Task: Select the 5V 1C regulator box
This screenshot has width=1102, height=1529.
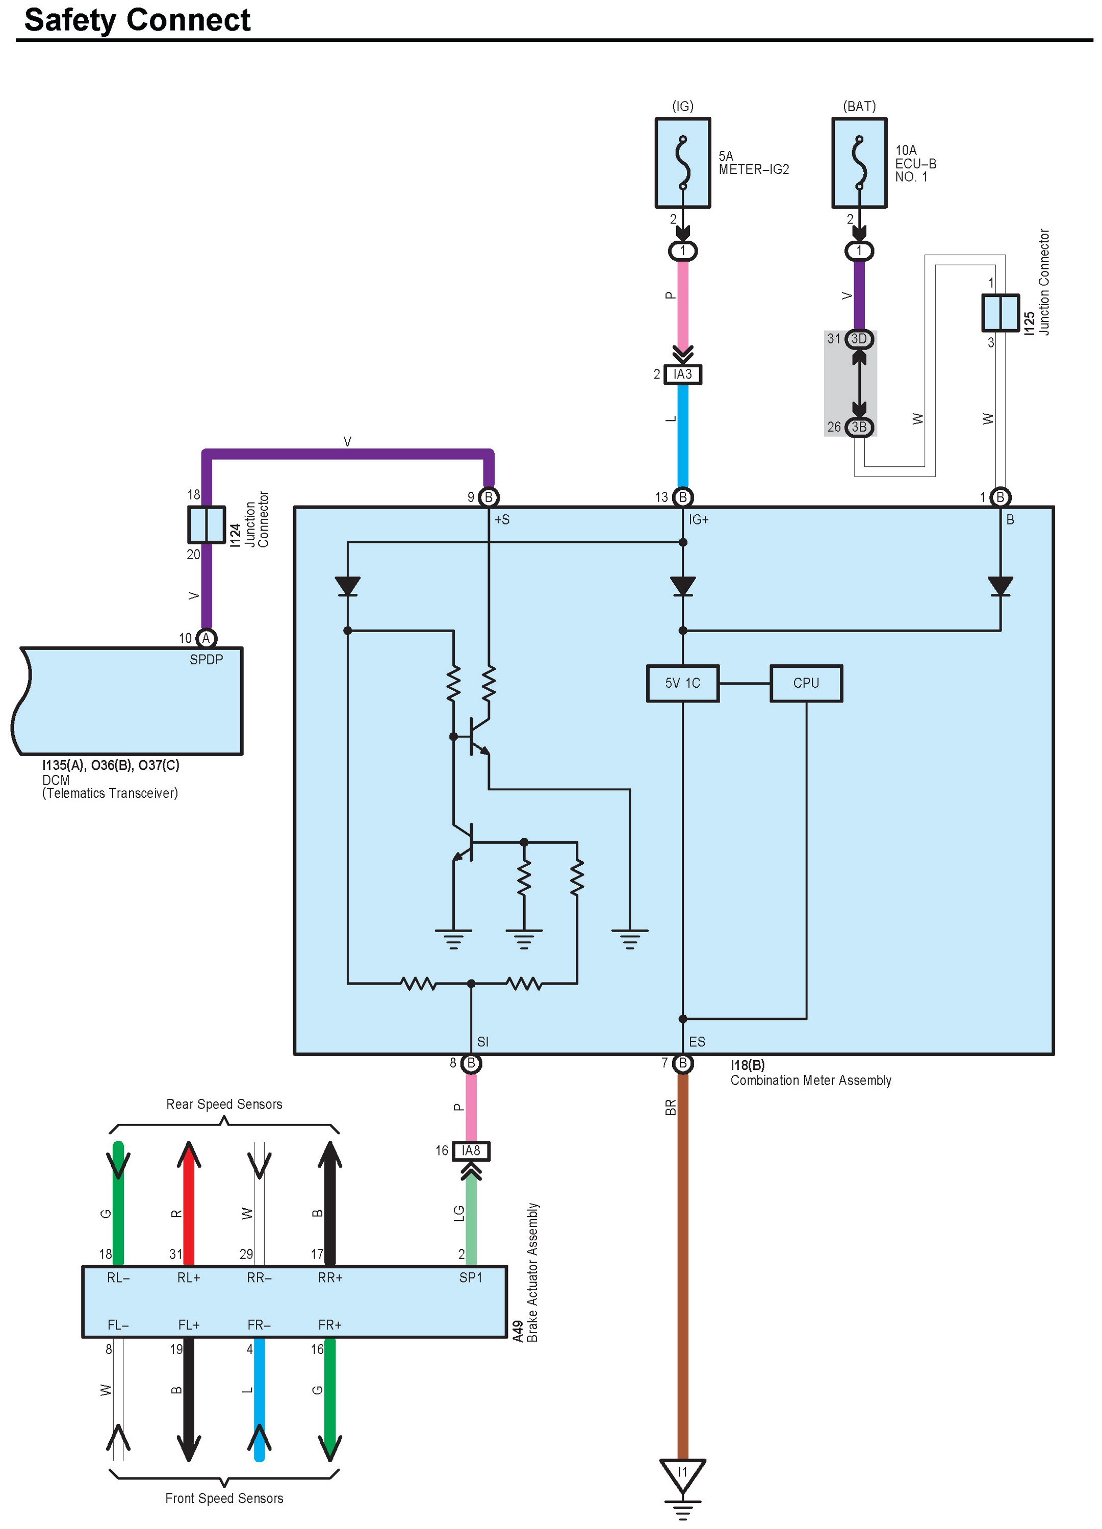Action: pyautogui.click(x=682, y=683)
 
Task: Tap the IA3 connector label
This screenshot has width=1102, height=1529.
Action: pyautogui.click(x=682, y=374)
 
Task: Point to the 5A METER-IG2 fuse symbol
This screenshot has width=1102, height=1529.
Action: pyautogui.click(x=682, y=163)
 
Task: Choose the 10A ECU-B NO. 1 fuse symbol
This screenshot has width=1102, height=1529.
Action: pyautogui.click(x=859, y=163)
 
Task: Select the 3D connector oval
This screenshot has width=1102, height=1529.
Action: pyautogui.click(x=859, y=338)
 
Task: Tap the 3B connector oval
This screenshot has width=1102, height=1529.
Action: pyautogui.click(x=859, y=427)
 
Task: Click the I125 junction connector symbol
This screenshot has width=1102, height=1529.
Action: pyautogui.click(x=1000, y=313)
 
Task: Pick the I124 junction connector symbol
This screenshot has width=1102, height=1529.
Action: pyautogui.click(x=206, y=524)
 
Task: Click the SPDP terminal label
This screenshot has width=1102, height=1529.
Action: pyautogui.click(x=206, y=659)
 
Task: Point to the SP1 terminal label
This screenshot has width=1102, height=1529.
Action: pyautogui.click(x=471, y=1277)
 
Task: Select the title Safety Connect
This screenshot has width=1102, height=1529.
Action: pyautogui.click(x=138, y=20)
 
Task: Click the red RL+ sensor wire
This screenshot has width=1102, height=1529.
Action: pyautogui.click(x=189, y=1207)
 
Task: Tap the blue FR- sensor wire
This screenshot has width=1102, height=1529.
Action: pyautogui.click(x=259, y=1395)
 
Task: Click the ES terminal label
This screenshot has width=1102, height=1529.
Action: pyautogui.click(x=697, y=1042)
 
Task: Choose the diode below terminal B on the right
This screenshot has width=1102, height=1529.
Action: pyautogui.click(x=1000, y=586)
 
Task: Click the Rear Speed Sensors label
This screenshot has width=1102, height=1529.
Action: pyautogui.click(x=224, y=1104)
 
